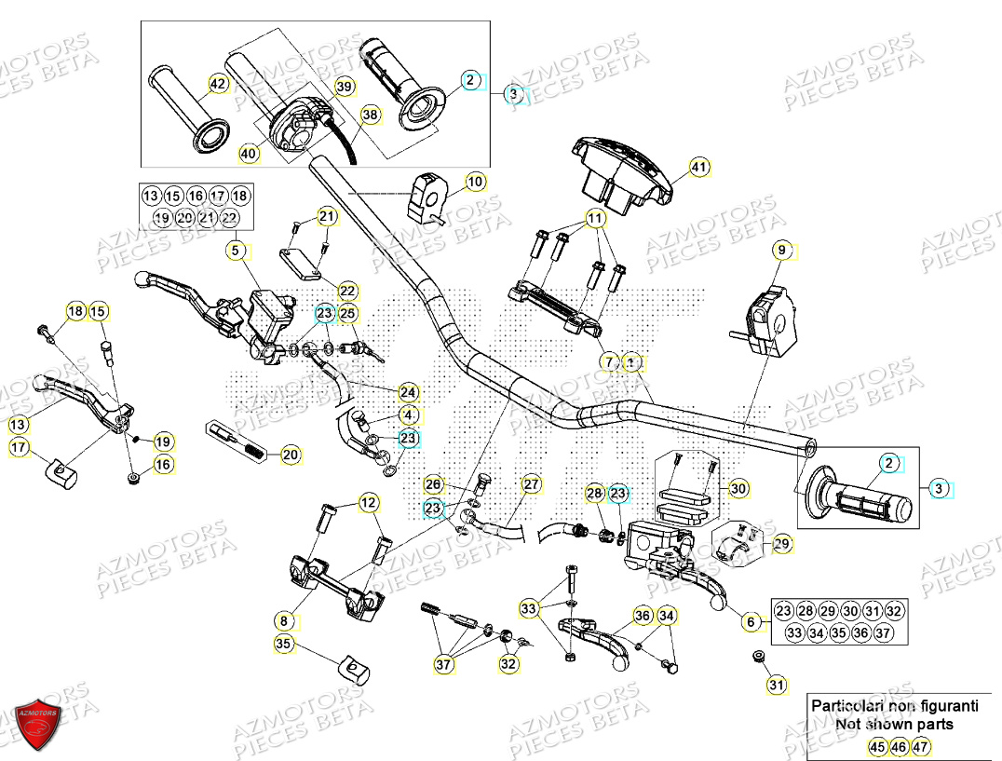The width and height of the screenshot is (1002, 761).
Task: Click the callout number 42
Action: [x=217, y=84]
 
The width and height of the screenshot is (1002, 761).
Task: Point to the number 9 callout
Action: [x=782, y=249]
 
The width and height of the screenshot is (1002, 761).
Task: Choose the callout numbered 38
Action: [x=371, y=116]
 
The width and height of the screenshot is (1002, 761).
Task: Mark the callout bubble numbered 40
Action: [x=248, y=153]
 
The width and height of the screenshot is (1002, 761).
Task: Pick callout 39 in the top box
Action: [x=344, y=87]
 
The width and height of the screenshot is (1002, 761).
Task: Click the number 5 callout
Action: [x=237, y=250]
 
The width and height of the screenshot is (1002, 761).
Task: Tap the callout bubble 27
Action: [x=531, y=484]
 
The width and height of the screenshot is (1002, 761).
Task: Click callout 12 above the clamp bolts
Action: [x=370, y=504]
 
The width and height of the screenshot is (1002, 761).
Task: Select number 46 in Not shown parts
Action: [x=899, y=746]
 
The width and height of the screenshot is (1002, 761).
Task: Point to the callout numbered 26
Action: [x=433, y=484]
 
